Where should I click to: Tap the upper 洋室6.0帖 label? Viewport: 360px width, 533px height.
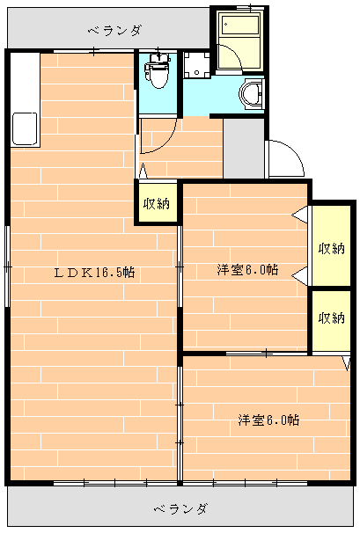(x=249, y=270)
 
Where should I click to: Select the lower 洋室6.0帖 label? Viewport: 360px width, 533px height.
(x=268, y=420)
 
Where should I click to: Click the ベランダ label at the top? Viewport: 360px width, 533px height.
(x=114, y=32)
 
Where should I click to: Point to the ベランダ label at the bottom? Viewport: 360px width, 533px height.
(x=180, y=509)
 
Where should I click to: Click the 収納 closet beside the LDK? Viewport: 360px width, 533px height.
(x=156, y=203)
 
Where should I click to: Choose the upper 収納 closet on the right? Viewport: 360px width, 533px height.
(x=332, y=247)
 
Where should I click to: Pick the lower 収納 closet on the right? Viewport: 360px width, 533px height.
(x=332, y=318)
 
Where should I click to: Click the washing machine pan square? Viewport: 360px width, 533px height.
(x=198, y=63)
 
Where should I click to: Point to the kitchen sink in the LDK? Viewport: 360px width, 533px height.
(x=24, y=130)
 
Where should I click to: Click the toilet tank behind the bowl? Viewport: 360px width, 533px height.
(x=158, y=60)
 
